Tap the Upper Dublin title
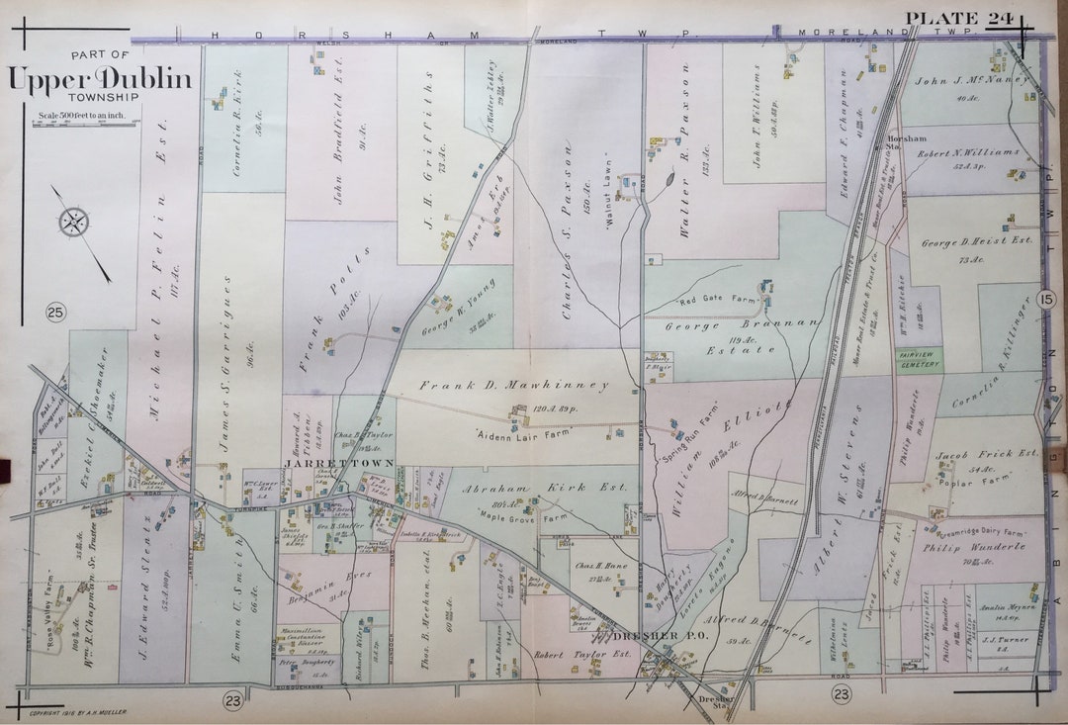tap(100, 80)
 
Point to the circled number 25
tap(54, 314)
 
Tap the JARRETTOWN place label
tap(327, 463)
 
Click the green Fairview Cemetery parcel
tap(917, 358)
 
